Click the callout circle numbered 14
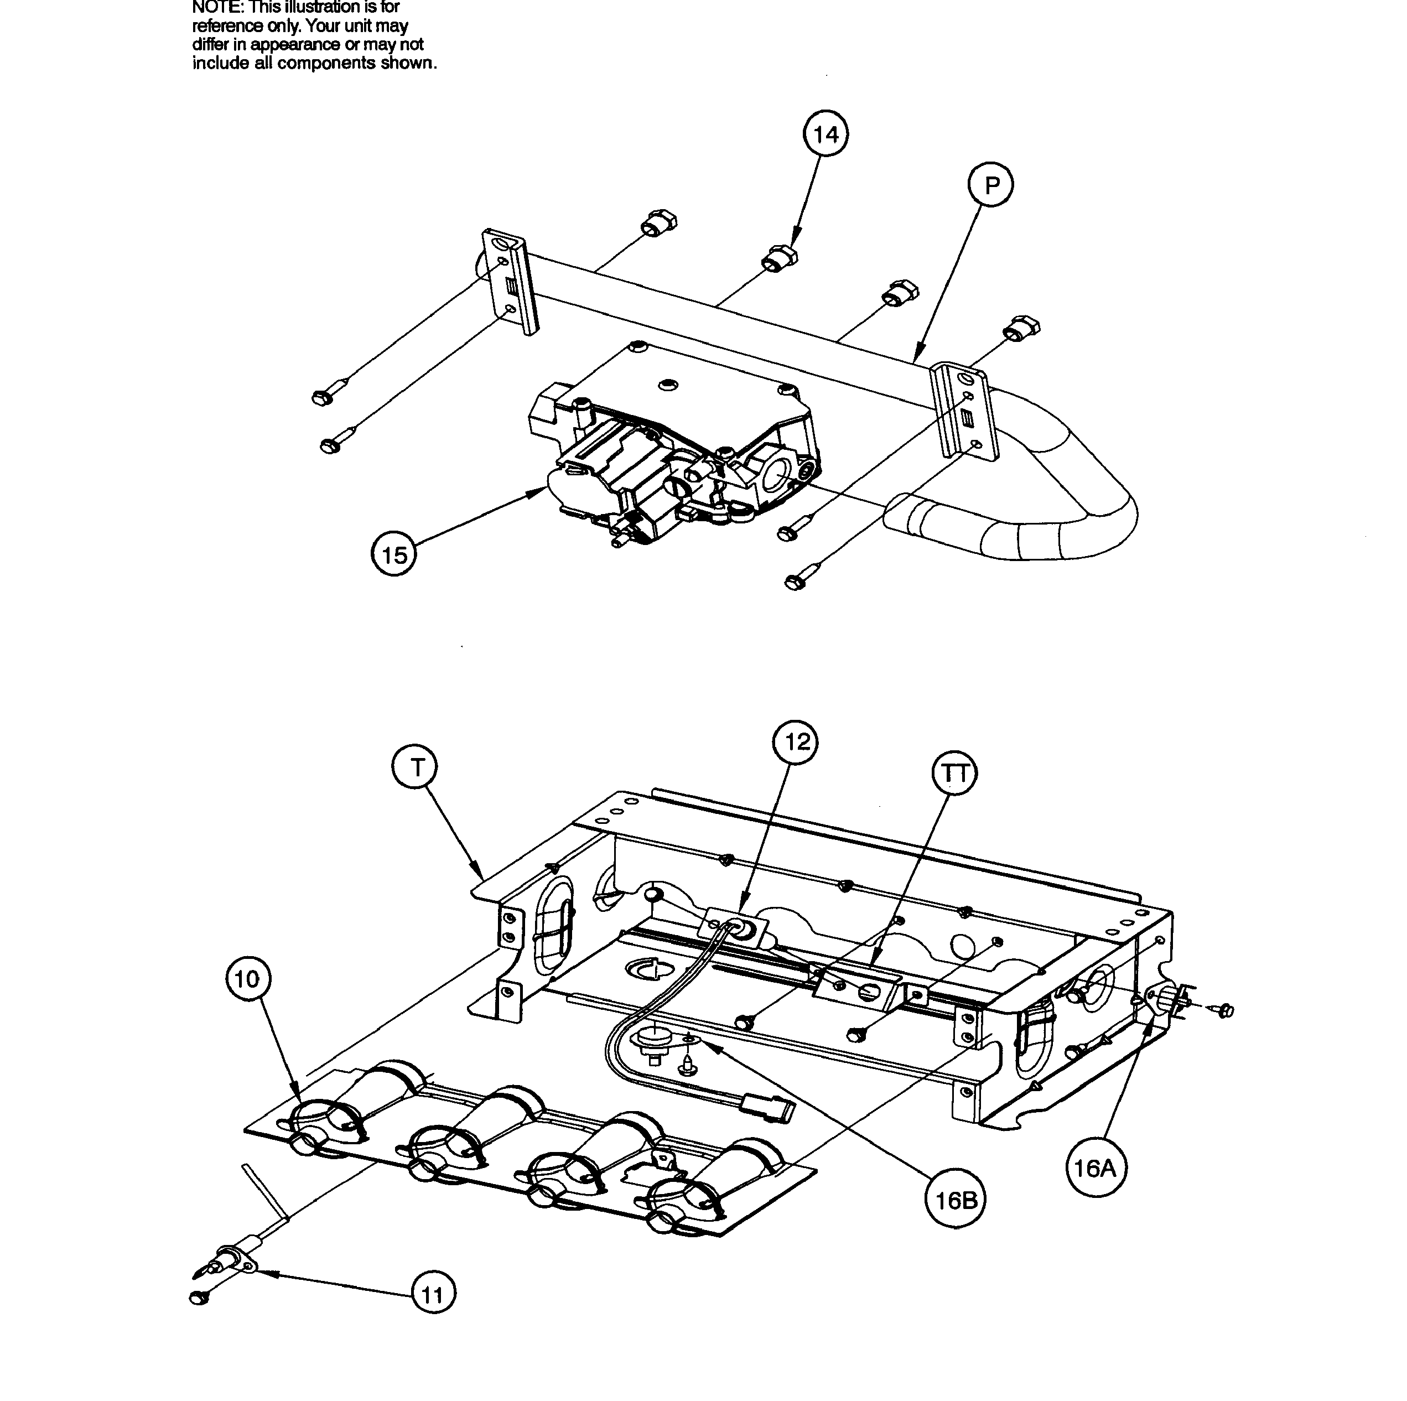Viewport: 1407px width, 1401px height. [826, 136]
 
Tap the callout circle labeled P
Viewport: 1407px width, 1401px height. [991, 186]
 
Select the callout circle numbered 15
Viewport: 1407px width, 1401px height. [394, 556]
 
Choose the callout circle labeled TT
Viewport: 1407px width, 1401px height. [955, 774]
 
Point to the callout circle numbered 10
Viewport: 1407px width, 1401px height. [248, 979]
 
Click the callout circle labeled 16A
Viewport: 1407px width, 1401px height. [1094, 1169]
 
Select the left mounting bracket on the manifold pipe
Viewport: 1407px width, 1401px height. [510, 281]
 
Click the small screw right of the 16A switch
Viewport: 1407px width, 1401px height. [1225, 1010]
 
